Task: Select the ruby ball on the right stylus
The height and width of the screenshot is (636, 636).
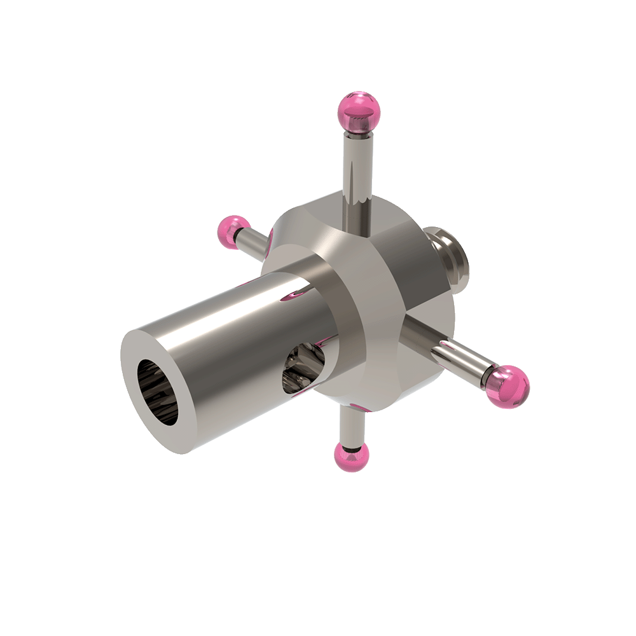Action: [508, 385]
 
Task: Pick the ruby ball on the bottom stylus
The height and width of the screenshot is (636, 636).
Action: [351, 457]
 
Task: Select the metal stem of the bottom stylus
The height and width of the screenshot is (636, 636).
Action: [351, 423]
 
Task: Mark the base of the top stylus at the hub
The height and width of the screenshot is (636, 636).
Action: [356, 204]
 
